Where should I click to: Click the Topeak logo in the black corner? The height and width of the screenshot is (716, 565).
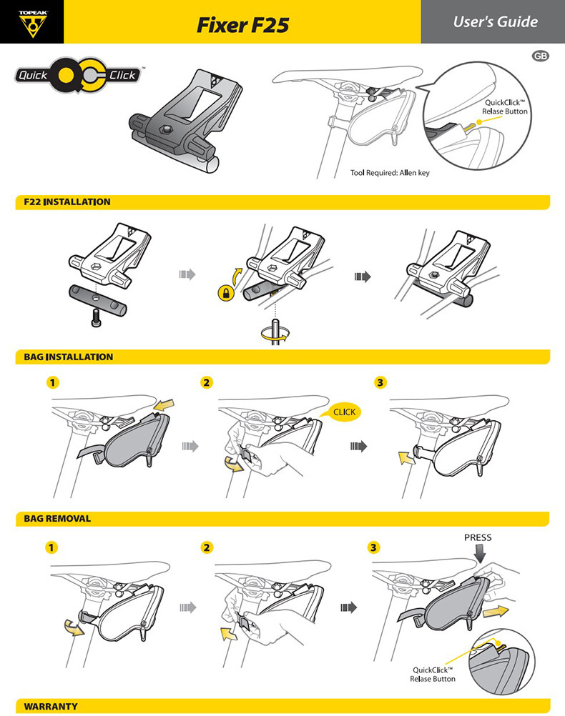pyautogui.click(x=32, y=24)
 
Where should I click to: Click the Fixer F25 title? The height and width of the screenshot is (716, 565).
pyautogui.click(x=242, y=25)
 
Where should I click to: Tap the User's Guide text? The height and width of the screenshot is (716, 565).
pyautogui.click(x=495, y=21)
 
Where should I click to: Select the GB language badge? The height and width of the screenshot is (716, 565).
pyautogui.click(x=540, y=56)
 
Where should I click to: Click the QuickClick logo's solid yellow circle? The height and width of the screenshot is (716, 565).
pyautogui.click(x=67, y=75)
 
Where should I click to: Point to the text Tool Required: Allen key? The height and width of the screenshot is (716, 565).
pyautogui.click(x=390, y=173)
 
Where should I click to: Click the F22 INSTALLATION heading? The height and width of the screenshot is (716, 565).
pyautogui.click(x=67, y=202)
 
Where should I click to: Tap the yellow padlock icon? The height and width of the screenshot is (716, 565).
pyautogui.click(x=225, y=293)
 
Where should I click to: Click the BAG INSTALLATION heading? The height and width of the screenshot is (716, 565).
pyautogui.click(x=69, y=357)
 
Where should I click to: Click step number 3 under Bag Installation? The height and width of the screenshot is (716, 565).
pyautogui.click(x=380, y=382)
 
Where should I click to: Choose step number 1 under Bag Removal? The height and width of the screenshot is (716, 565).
pyautogui.click(x=51, y=547)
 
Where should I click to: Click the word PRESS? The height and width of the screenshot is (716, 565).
pyautogui.click(x=478, y=537)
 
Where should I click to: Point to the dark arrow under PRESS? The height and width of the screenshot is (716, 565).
pyautogui.click(x=480, y=554)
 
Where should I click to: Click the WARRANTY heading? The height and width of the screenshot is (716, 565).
pyautogui.click(x=51, y=707)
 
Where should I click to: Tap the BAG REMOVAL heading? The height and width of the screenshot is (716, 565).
pyautogui.click(x=57, y=519)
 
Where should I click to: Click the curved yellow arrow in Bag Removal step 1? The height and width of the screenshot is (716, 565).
pyautogui.click(x=74, y=627)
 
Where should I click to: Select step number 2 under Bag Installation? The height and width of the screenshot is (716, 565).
pyautogui.click(x=207, y=382)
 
